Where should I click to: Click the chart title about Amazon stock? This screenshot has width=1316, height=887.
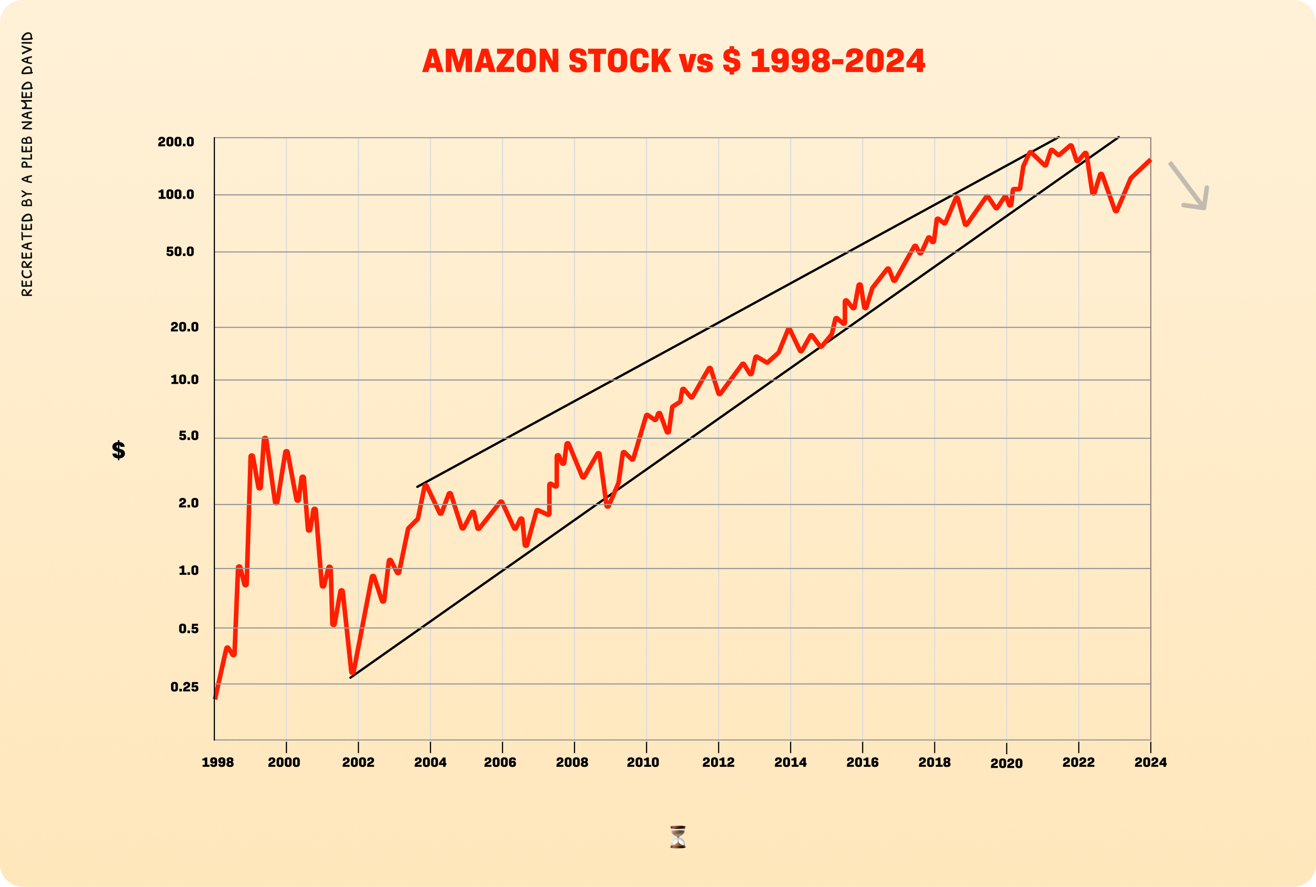coord(673,61)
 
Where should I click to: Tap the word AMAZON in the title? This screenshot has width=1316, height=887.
coord(490,61)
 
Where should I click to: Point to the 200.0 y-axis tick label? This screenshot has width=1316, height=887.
coord(176,142)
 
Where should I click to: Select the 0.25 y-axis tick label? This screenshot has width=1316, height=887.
coord(184,687)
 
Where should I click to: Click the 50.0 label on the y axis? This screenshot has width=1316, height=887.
coord(180,252)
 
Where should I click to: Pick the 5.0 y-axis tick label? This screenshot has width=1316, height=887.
coord(188,435)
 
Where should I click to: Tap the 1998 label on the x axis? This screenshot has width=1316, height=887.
coord(218,762)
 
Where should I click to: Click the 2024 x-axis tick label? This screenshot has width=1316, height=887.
coord(1150,762)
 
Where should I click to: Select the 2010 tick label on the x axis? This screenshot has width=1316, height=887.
coord(643,762)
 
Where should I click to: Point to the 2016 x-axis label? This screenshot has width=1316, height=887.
coord(862,762)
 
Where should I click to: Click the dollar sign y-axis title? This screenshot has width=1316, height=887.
coord(118,450)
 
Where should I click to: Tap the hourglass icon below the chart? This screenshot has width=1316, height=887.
coord(678,837)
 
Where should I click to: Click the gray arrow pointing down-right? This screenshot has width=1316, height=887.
coord(1190,187)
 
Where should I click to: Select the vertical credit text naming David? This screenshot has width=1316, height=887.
coord(27,164)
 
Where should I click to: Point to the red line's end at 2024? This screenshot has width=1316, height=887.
coord(1150,160)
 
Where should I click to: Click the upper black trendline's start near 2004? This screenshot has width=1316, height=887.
coord(418,486)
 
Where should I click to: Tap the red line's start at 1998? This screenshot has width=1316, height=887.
coord(215,698)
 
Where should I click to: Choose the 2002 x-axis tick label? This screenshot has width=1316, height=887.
coord(358,762)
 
